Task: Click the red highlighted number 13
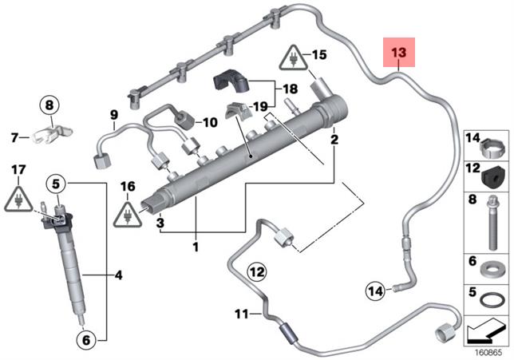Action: pos(398,53)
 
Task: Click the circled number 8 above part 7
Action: pos(49,105)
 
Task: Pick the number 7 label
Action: pos(14,137)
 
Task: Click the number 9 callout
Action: pos(113,114)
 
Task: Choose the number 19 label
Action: pos(259,105)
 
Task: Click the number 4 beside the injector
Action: pos(118,276)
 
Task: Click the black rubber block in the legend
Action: pos(496,173)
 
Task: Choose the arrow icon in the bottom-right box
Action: pos(487,327)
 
